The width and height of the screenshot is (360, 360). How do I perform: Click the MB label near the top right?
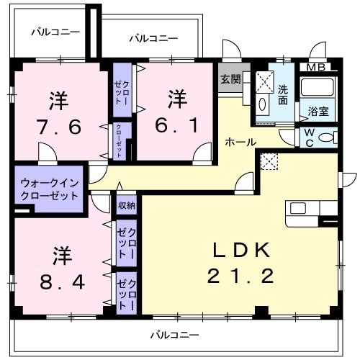click(x=317, y=68)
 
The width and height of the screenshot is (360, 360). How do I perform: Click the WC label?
click(x=307, y=136)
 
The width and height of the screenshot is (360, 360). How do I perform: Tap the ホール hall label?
click(x=240, y=142)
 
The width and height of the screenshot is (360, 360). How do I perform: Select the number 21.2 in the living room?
click(x=241, y=276)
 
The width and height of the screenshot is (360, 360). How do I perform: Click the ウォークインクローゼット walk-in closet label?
click(x=49, y=189)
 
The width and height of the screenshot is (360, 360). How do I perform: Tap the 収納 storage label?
click(x=127, y=206)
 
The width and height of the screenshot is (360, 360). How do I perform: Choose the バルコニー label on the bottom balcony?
click(x=175, y=335)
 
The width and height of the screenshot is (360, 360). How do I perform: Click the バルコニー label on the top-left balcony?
click(x=55, y=32)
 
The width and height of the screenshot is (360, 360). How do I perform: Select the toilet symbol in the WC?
click(x=328, y=138)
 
